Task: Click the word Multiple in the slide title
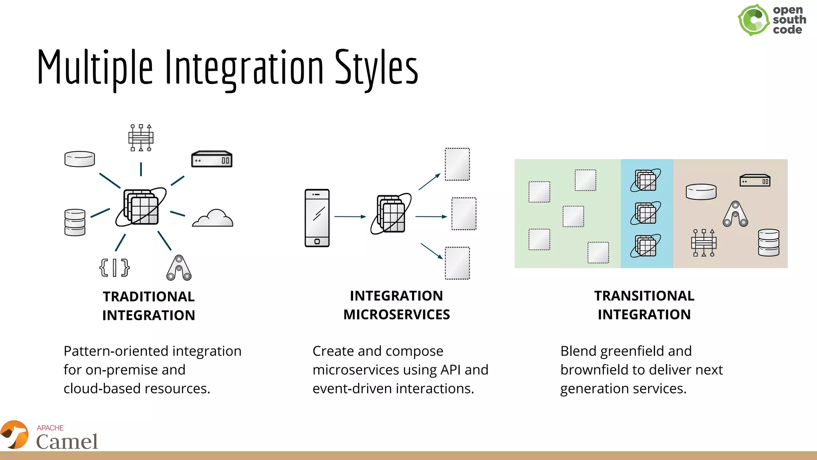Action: point(95,67)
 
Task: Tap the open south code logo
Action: point(771,20)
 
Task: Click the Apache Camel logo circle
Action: point(14,435)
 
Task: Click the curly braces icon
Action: point(114,268)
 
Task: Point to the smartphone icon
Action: point(317,218)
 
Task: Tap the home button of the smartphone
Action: point(317,242)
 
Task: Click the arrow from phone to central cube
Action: point(350,216)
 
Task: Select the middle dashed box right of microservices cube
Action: point(464,214)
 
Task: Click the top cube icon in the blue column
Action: point(645,180)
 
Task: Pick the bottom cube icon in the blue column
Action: point(645,246)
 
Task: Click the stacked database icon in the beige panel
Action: point(768,242)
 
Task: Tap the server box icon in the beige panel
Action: point(755,180)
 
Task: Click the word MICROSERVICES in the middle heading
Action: point(397,315)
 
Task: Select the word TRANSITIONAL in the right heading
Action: point(644,296)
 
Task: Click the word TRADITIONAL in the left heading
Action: point(148,297)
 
